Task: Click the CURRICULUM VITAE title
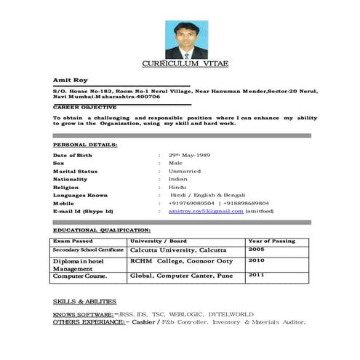point(185,64)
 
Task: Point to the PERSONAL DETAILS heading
point(85,145)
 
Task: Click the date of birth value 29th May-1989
point(189,156)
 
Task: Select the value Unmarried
point(185,171)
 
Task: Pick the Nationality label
point(70,179)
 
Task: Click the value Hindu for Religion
point(177,187)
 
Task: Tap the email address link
point(205,211)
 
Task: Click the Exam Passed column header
point(73,241)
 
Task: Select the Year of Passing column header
point(272,241)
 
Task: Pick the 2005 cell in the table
point(257,249)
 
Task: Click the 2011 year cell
point(257,276)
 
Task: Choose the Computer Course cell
point(80,276)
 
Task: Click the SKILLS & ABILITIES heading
point(84,301)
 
